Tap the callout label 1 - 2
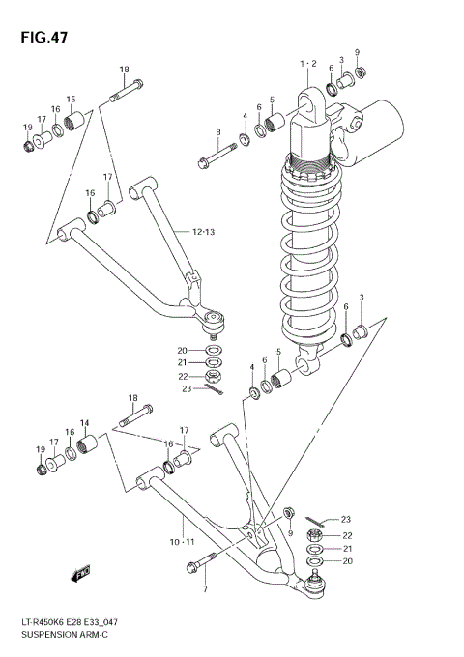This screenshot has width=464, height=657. click(x=308, y=63)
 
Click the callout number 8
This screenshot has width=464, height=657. click(x=218, y=132)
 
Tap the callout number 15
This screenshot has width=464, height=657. click(x=71, y=99)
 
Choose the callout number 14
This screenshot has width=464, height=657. click(x=84, y=423)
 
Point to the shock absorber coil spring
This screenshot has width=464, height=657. click(x=309, y=251)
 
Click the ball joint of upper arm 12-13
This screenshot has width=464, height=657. click(x=215, y=316)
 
